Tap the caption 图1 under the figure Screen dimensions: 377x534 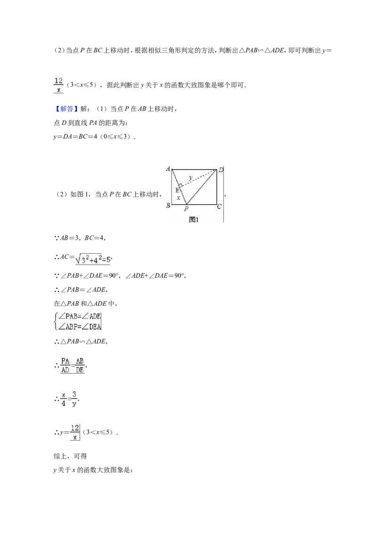point(194,220)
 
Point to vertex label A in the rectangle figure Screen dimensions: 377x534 point(168,168)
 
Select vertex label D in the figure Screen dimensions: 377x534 point(221,170)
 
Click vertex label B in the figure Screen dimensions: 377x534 point(168,205)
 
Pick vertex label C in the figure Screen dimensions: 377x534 point(220,206)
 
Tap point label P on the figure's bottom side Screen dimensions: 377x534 point(187,209)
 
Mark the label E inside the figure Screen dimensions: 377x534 point(177,191)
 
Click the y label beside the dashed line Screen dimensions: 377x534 point(190,177)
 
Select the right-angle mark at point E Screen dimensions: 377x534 point(181,185)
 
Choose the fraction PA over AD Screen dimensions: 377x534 point(66,366)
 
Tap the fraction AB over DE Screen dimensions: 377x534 point(80,366)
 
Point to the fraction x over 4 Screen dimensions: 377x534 point(64,399)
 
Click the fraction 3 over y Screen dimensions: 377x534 point(74,399)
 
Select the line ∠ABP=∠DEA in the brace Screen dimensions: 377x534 point(80,327)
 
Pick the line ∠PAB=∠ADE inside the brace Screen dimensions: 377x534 point(80,317)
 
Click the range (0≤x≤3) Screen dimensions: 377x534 point(117,136)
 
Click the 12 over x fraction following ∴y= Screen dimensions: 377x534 point(75,432)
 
